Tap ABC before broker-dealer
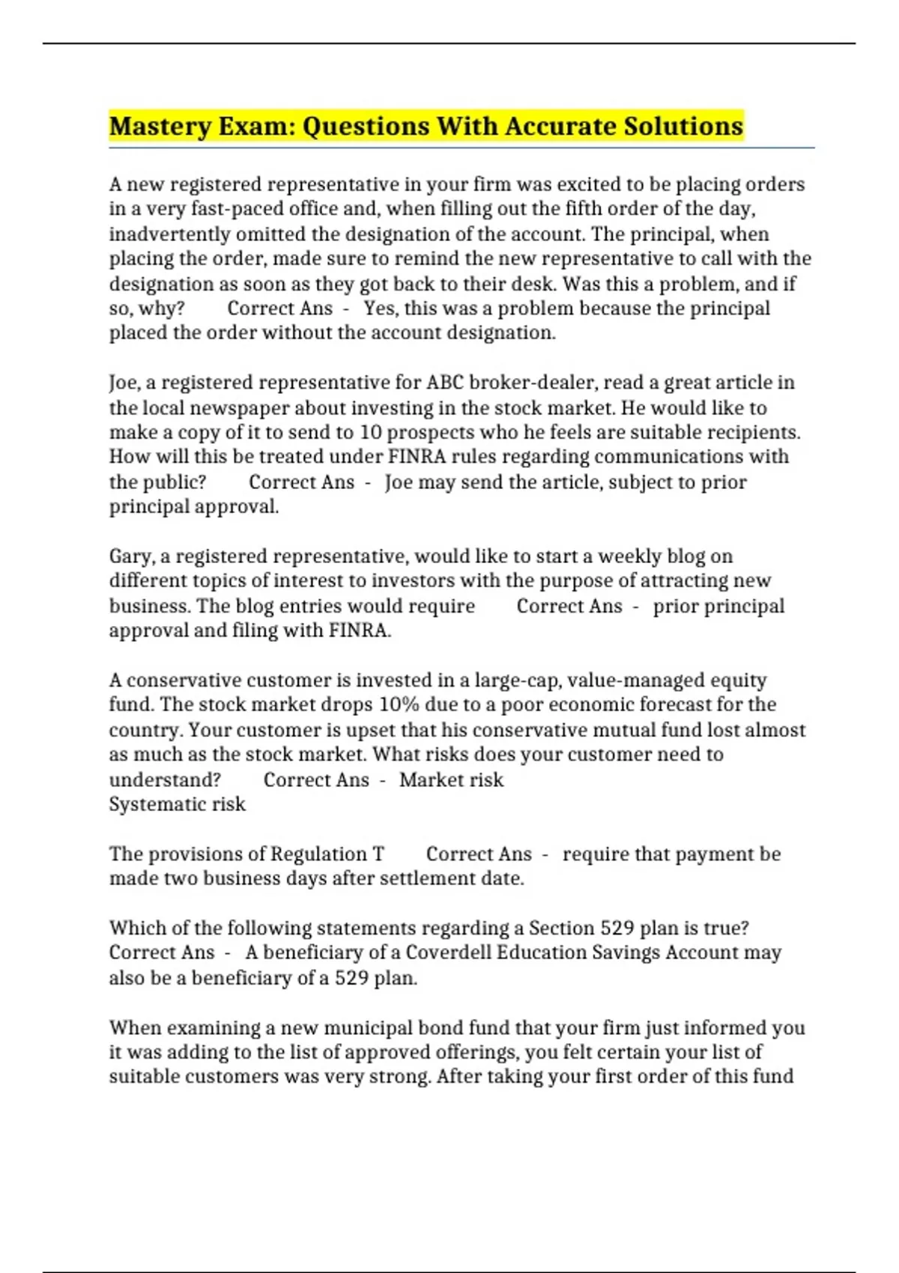(445, 383)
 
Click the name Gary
(132, 556)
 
